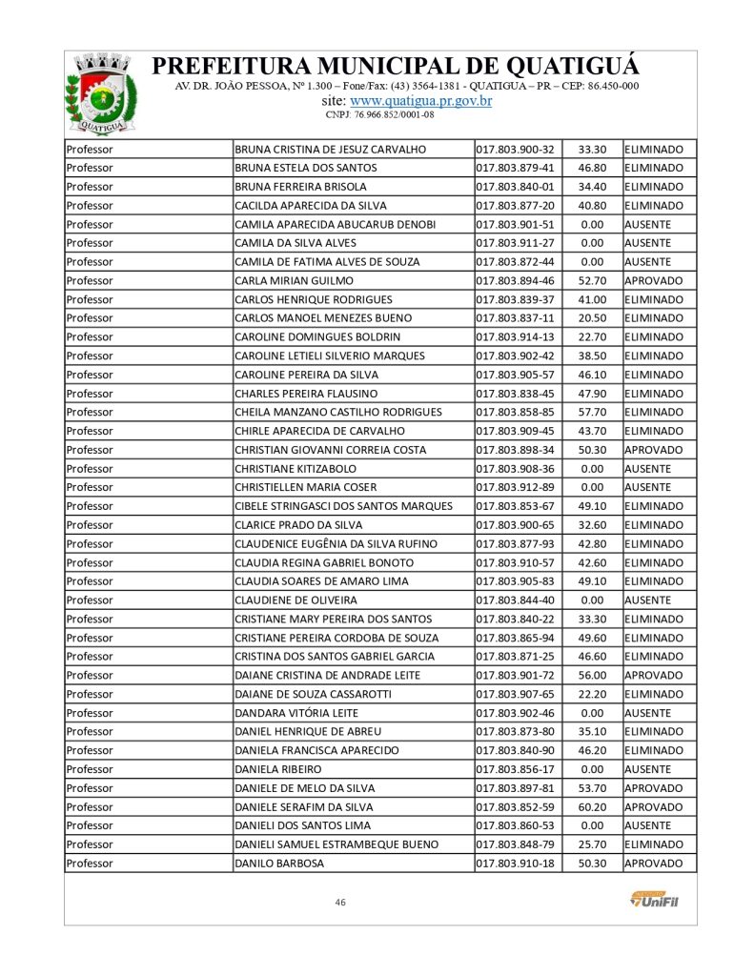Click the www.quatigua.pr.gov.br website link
[420, 101]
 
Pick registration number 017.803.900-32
[515, 150]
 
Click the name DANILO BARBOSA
[279, 864]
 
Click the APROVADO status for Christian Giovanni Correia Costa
[654, 450]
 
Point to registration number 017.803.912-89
[515, 488]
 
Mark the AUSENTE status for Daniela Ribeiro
[648, 769]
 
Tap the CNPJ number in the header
[380, 114]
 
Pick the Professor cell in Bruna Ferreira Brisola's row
[90, 187]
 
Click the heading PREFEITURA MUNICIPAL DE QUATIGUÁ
[396, 67]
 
